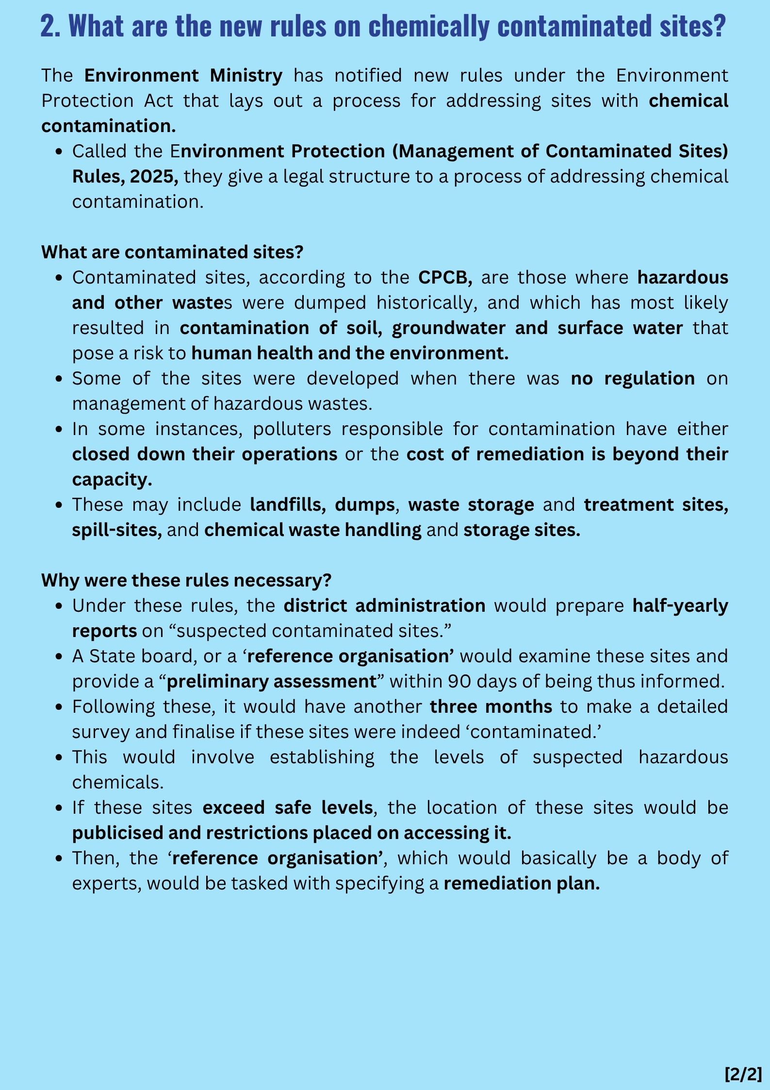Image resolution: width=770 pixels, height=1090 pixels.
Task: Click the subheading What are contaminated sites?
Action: [172, 252]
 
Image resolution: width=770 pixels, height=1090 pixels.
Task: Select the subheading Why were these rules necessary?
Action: [186, 580]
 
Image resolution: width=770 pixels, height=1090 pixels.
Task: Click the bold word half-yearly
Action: [680, 605]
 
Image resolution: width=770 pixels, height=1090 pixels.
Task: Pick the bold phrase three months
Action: [491, 706]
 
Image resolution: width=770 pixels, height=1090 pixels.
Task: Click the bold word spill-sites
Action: [117, 530]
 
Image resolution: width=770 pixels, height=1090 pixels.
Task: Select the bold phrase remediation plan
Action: [522, 883]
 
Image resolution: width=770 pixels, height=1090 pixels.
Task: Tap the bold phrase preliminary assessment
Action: [271, 681]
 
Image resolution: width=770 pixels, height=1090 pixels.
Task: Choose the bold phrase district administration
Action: [384, 605]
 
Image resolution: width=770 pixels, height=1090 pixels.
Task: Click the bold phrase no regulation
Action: [633, 378]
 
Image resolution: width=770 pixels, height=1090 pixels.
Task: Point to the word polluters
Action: [292, 429]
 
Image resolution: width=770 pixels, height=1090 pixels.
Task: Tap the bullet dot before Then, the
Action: [59, 858]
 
